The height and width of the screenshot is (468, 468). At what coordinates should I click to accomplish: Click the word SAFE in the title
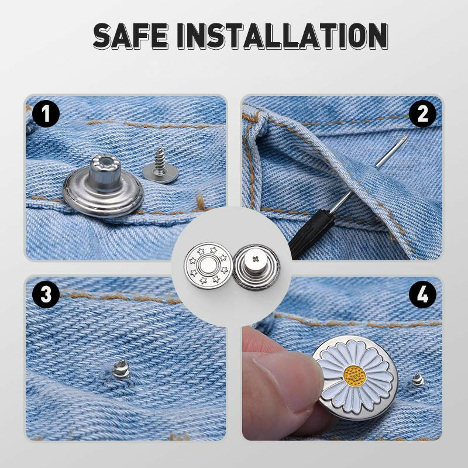132,36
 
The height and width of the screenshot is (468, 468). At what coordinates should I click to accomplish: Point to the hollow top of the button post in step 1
106,160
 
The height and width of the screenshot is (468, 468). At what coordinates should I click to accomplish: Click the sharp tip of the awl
405,138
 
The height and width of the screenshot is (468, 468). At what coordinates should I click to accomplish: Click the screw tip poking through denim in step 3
119,369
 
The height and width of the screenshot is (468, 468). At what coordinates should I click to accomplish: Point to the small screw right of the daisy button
418,380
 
